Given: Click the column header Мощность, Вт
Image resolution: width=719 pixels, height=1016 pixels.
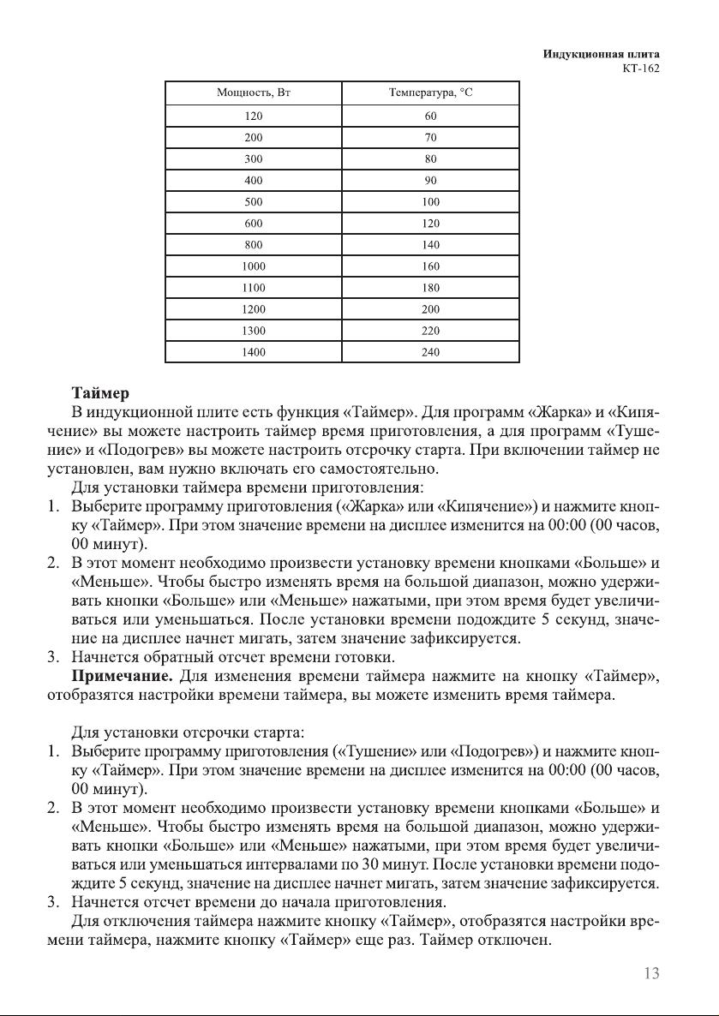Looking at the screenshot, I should pyautogui.click(x=254, y=93).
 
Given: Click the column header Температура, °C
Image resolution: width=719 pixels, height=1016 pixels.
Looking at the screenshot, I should pyautogui.click(x=431, y=93).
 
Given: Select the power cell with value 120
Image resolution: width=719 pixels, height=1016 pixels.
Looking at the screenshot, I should pyautogui.click(x=254, y=116).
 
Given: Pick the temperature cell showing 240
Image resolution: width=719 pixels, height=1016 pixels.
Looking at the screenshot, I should pyautogui.click(x=431, y=351).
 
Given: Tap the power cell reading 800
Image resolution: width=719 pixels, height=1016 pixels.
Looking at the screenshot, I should pyautogui.click(x=254, y=244).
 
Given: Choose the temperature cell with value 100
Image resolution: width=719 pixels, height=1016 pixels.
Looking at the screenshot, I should pyautogui.click(x=431, y=201).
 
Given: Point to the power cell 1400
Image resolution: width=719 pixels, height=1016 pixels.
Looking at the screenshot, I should pyautogui.click(x=254, y=351).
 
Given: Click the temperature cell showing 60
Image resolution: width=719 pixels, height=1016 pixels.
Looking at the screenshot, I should pyautogui.click(x=431, y=116).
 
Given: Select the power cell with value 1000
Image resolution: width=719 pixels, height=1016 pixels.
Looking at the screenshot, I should pyautogui.click(x=254, y=266).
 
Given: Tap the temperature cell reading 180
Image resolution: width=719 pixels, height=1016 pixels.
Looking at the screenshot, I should pyautogui.click(x=431, y=287).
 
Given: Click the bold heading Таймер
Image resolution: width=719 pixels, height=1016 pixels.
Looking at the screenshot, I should pyautogui.click(x=100, y=393).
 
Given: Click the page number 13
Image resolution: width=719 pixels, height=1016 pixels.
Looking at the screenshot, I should pyautogui.click(x=650, y=972).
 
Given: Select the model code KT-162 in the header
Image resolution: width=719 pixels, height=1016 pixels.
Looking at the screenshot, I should pyautogui.click(x=641, y=69).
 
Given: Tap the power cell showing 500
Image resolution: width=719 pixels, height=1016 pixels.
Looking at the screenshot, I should pyautogui.click(x=254, y=201).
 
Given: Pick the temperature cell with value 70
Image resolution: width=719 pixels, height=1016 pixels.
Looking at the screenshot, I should pyautogui.click(x=431, y=137).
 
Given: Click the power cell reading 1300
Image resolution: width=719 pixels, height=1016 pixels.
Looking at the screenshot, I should pyautogui.click(x=254, y=330).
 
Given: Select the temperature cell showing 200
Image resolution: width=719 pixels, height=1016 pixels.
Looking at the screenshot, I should pyautogui.click(x=431, y=308).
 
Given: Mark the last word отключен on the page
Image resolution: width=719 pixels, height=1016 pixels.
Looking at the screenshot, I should pyautogui.click(x=519, y=940).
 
